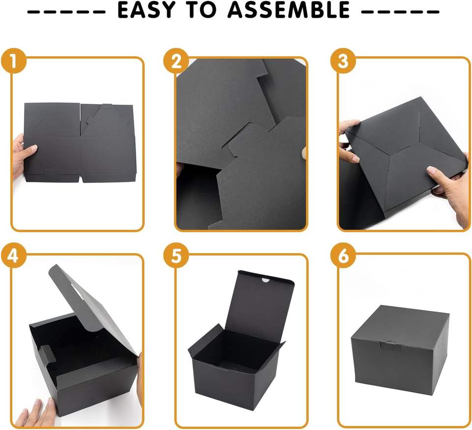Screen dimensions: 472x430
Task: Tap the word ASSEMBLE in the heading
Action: coord(289,10)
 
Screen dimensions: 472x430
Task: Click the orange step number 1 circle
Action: coord(14,60)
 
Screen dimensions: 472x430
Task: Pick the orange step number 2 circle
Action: coord(176,60)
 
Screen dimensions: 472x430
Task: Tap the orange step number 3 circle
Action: coord(343,60)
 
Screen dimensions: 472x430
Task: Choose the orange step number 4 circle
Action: coord(14,256)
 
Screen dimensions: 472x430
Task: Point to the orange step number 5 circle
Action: coord(176,256)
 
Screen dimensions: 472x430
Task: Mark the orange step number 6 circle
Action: coord(343,256)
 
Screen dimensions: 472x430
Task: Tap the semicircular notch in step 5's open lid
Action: coord(265,280)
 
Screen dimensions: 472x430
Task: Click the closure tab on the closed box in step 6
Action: coord(391,345)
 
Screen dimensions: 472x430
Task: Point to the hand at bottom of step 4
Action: coord(36,414)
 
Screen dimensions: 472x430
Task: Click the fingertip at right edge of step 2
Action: coord(304,153)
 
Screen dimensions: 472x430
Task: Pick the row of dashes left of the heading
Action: coord(66,12)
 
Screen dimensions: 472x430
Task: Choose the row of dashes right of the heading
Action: coord(400,12)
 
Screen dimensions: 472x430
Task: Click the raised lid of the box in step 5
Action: coord(261,301)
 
